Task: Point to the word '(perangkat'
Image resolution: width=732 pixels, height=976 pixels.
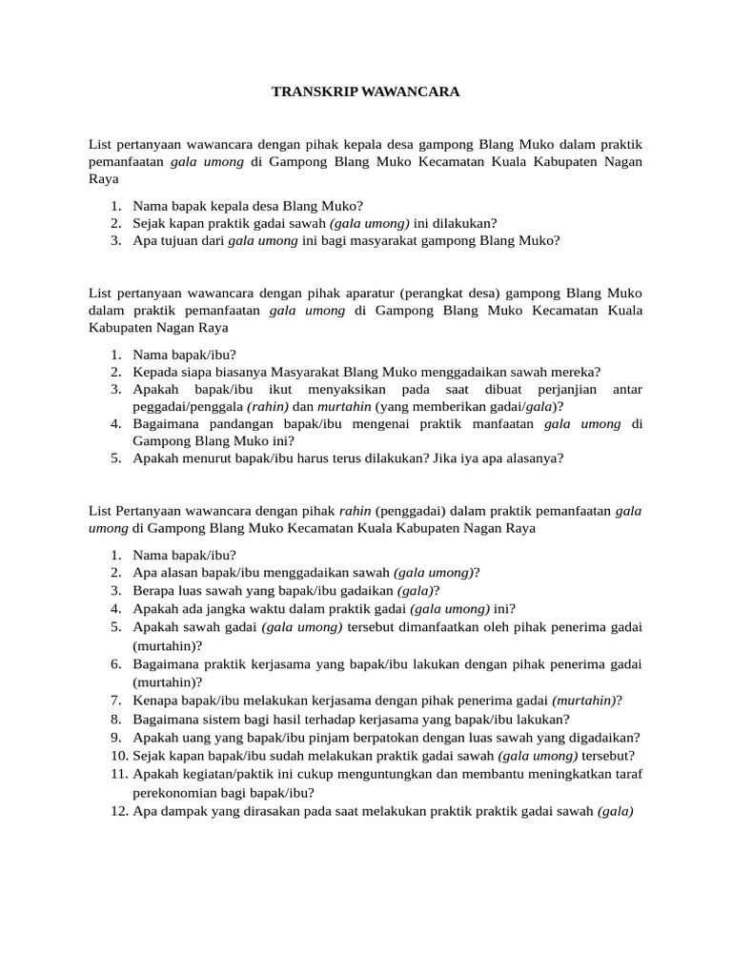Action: [x=434, y=293]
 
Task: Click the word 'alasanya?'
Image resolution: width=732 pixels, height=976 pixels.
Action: [x=533, y=457]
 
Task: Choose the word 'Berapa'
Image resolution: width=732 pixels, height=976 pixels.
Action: [x=153, y=590]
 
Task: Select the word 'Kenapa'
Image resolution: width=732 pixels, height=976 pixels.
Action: [x=154, y=700]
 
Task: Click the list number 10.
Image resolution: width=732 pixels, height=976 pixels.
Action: [x=115, y=755]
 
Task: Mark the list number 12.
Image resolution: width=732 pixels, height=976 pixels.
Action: [x=115, y=811]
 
